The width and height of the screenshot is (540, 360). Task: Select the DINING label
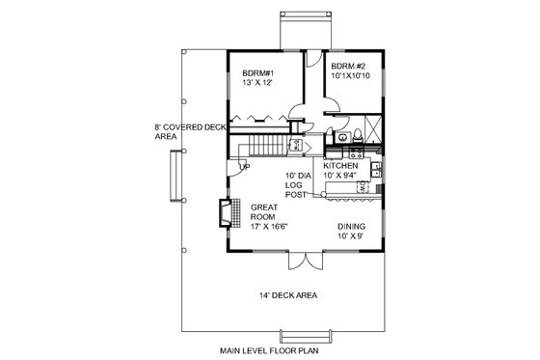351,224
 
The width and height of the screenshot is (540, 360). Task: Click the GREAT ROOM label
263,212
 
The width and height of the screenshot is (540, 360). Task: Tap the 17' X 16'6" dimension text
271,229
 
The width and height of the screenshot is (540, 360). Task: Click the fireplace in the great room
224,211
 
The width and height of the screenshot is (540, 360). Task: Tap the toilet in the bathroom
355,136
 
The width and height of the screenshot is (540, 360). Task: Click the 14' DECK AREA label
290,295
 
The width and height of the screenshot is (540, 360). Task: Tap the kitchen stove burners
341,152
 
